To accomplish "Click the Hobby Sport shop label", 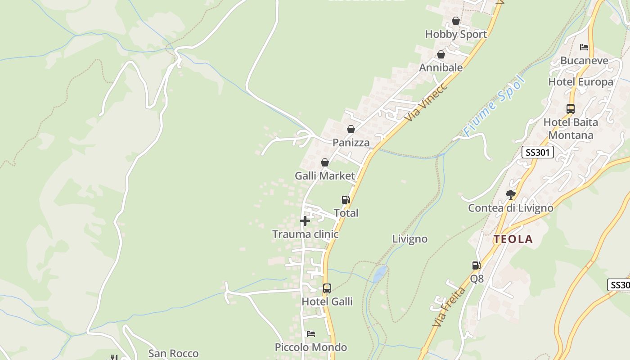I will click(x=455, y=34).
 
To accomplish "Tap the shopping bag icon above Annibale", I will click(x=441, y=54).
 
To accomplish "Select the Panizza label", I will click(x=351, y=143).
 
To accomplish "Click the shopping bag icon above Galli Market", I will click(x=324, y=162).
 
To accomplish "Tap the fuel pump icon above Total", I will click(x=346, y=200).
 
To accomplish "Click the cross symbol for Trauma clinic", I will click(x=305, y=221).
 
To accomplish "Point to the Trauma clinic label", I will click(x=305, y=234).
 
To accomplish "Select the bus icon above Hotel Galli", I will click(x=327, y=288).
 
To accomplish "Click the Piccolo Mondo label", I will click(x=310, y=347).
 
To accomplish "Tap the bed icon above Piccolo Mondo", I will click(x=310, y=334).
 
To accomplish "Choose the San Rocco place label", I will click(x=173, y=354).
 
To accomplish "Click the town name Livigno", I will click(x=409, y=239).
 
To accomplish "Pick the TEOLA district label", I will click(x=513, y=239).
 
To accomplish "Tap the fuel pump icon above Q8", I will click(x=476, y=265).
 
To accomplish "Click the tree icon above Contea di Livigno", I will click(x=510, y=194).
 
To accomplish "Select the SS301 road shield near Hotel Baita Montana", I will click(x=537, y=152).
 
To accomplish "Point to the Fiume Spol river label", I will click(x=494, y=107).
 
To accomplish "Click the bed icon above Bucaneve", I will click(x=584, y=47).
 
